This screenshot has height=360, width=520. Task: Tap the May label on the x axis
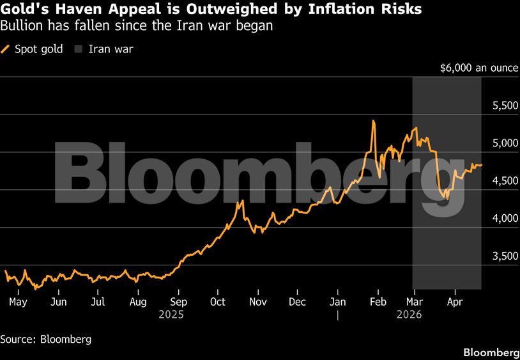pos(18,301)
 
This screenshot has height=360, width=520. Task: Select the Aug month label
pos(138,301)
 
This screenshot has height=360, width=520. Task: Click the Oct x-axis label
pos(218,301)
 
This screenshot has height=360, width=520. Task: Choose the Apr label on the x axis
pos(455,301)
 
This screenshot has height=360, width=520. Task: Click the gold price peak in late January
pos(373,121)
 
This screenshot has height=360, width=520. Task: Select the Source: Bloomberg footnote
pos(45,339)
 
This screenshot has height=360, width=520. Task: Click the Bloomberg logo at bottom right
pos(491,352)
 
